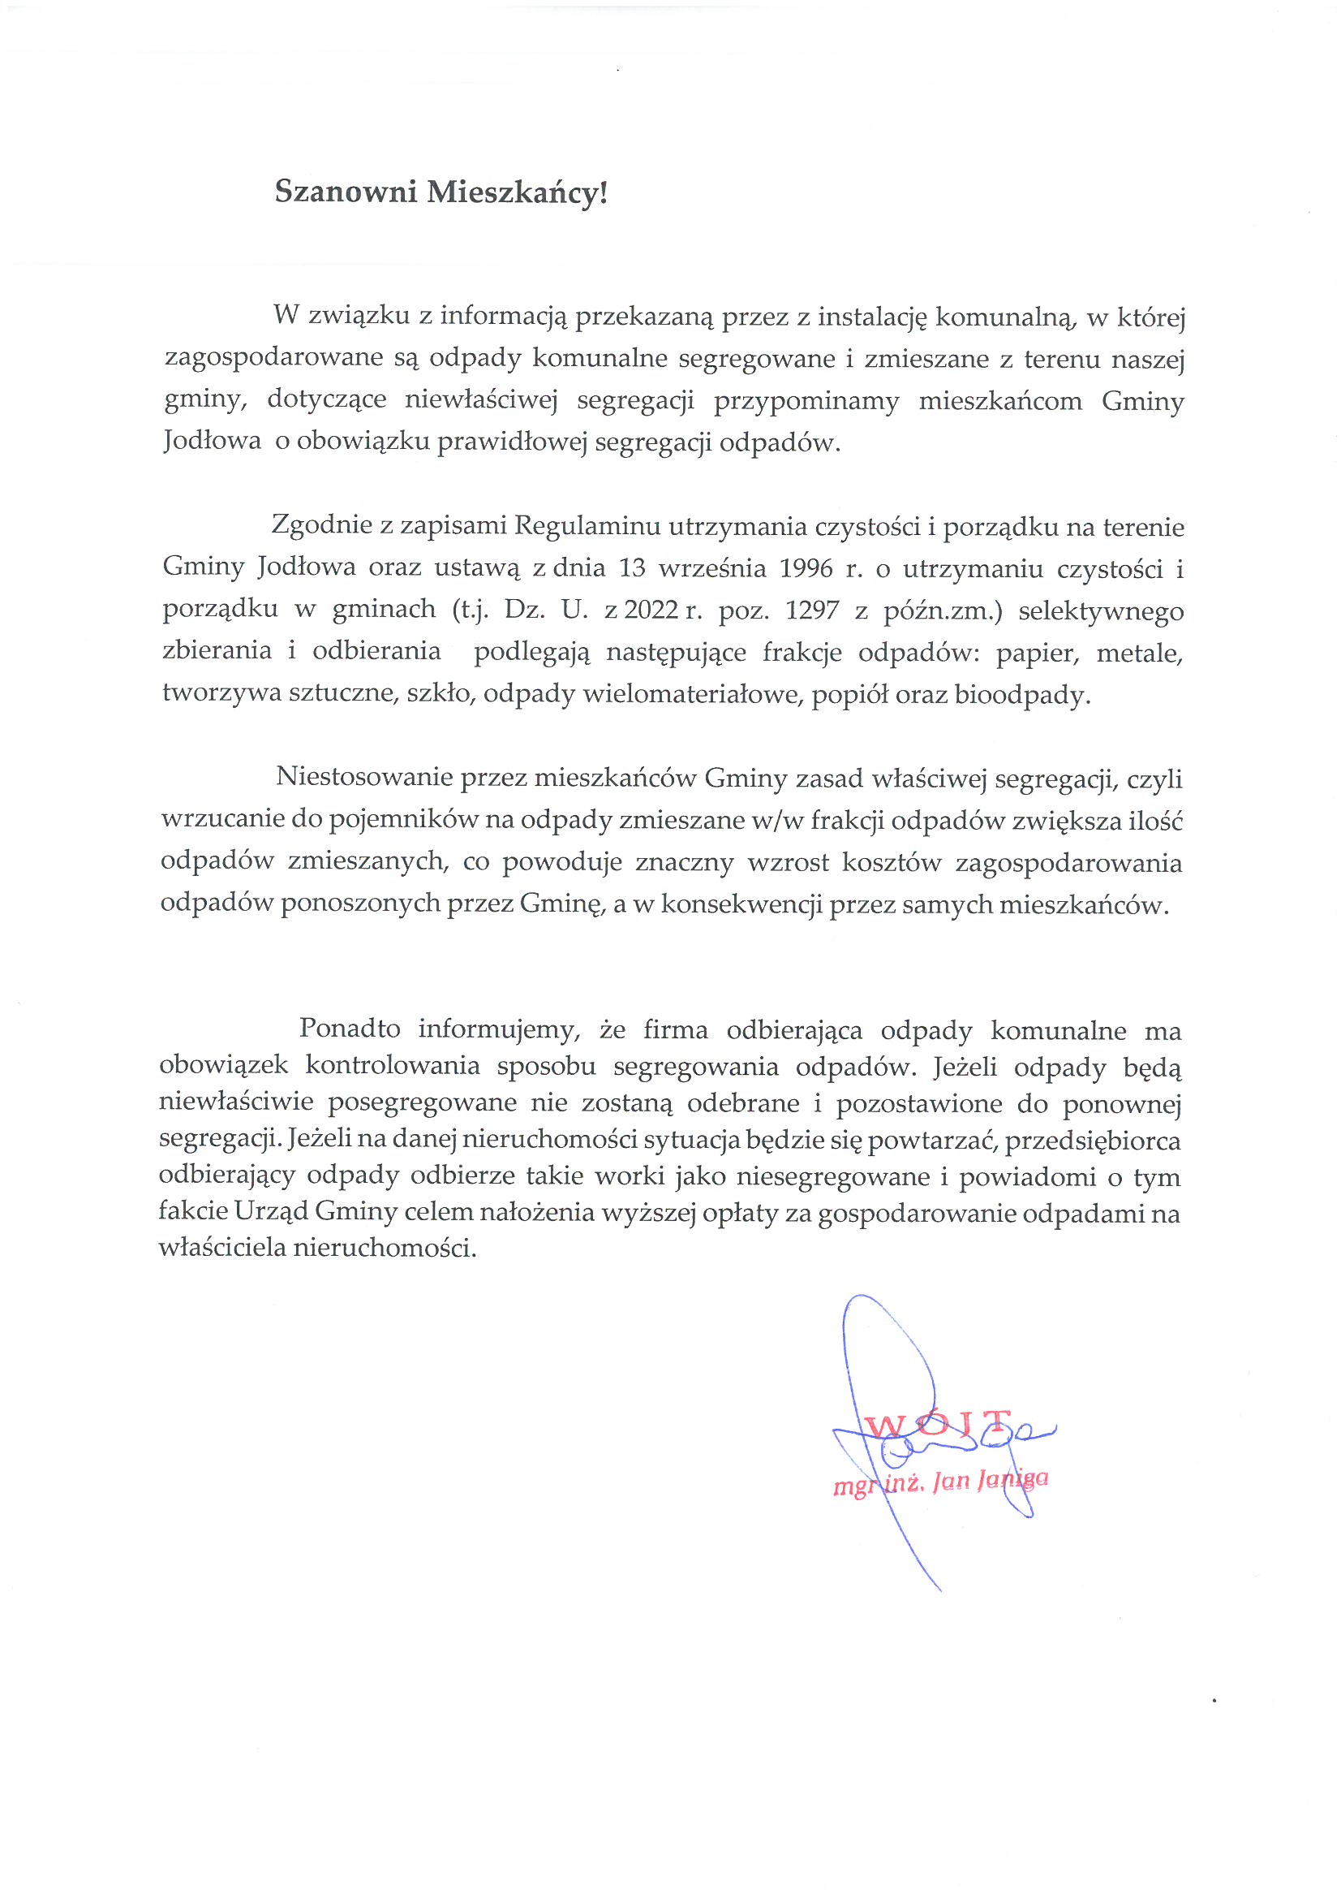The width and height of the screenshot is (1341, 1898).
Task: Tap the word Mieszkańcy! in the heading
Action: [518, 192]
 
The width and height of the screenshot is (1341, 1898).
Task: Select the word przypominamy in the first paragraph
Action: [806, 401]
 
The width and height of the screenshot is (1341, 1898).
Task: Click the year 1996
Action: [806, 569]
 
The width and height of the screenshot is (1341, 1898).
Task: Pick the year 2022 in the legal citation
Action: [651, 611]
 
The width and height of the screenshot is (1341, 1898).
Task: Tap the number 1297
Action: [812, 611]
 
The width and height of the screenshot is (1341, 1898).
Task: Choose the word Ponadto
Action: [350, 1029]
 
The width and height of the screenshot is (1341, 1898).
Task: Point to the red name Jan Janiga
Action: [990, 1480]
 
